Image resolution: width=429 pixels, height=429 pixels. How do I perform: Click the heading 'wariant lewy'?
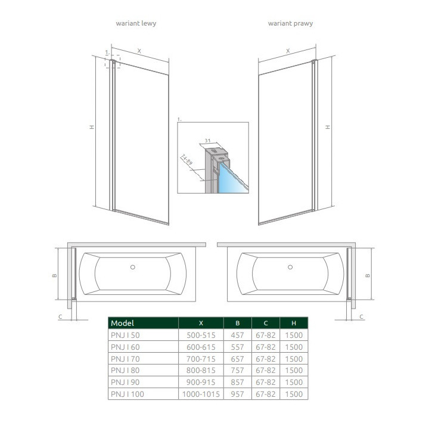click(136, 23)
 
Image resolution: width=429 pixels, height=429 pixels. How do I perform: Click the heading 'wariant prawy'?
click(290, 23)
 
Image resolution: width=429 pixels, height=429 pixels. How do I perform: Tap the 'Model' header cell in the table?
click(123, 323)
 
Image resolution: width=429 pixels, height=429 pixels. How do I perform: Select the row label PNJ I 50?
click(125, 335)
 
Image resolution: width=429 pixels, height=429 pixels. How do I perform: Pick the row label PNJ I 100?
click(127, 394)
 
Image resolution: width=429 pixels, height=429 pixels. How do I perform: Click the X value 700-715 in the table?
click(201, 359)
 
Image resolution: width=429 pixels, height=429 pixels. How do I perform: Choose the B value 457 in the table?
click(237, 335)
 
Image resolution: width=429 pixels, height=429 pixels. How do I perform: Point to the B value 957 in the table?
click(237, 394)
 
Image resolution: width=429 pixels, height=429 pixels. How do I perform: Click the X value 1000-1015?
click(201, 394)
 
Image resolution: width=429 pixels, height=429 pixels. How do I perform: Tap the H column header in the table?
click(294, 323)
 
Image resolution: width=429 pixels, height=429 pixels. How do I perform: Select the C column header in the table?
click(265, 323)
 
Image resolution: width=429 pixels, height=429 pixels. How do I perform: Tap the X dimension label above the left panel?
click(139, 51)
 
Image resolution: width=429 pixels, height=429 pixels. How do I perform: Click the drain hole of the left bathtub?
click(133, 268)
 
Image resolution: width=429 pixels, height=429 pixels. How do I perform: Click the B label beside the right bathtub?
click(368, 275)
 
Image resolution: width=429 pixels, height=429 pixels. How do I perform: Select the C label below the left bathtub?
click(60, 316)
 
